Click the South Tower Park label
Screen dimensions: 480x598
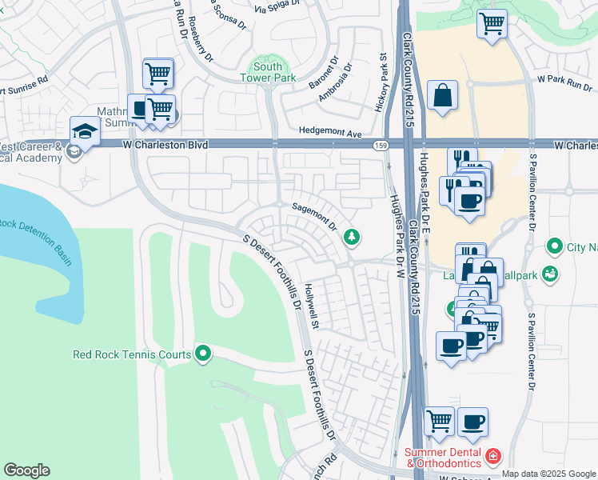[268, 72]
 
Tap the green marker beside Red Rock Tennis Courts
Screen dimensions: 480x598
[204, 353]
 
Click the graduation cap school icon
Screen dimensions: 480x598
[84, 130]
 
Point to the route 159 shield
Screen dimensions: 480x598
[381, 145]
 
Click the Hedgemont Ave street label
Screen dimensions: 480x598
[330, 131]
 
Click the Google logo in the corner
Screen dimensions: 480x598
[26, 470]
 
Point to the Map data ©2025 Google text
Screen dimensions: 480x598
[548, 474]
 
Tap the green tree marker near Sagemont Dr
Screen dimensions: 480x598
[350, 237]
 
